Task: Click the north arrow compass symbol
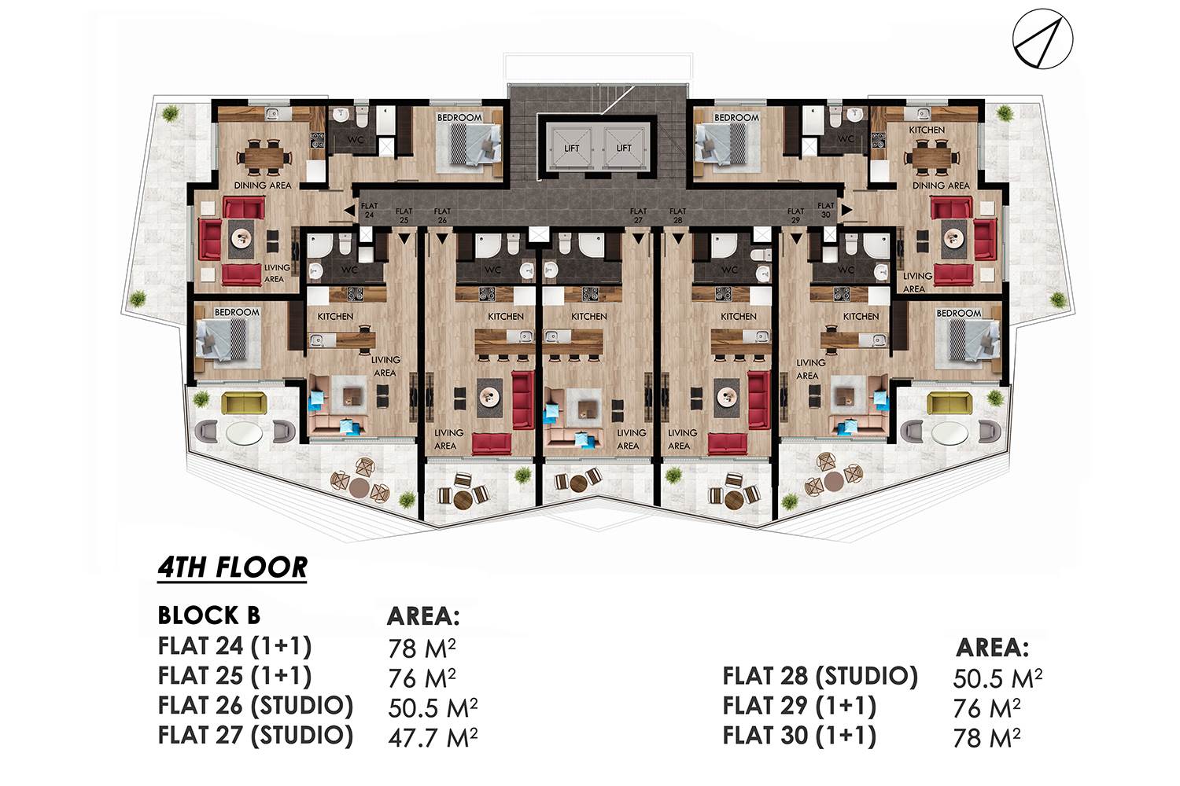point(1042,39)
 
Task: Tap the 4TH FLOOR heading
point(232,568)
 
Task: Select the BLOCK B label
point(209,615)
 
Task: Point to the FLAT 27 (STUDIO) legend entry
point(256,736)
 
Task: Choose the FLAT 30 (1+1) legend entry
point(799,736)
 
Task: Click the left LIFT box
point(572,148)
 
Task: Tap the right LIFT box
point(624,148)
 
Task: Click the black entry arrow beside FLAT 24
point(349,211)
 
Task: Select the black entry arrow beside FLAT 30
point(846,210)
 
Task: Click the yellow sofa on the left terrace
point(245,403)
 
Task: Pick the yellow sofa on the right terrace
point(950,403)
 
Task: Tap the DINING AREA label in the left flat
point(262,185)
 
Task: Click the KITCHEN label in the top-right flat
point(927,130)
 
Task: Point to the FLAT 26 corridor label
point(442,215)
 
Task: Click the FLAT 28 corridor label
point(677,215)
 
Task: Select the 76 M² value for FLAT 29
point(986,708)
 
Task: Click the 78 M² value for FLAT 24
point(422,648)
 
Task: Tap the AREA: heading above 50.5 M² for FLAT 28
point(992,648)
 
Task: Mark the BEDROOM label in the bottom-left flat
point(237,312)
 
